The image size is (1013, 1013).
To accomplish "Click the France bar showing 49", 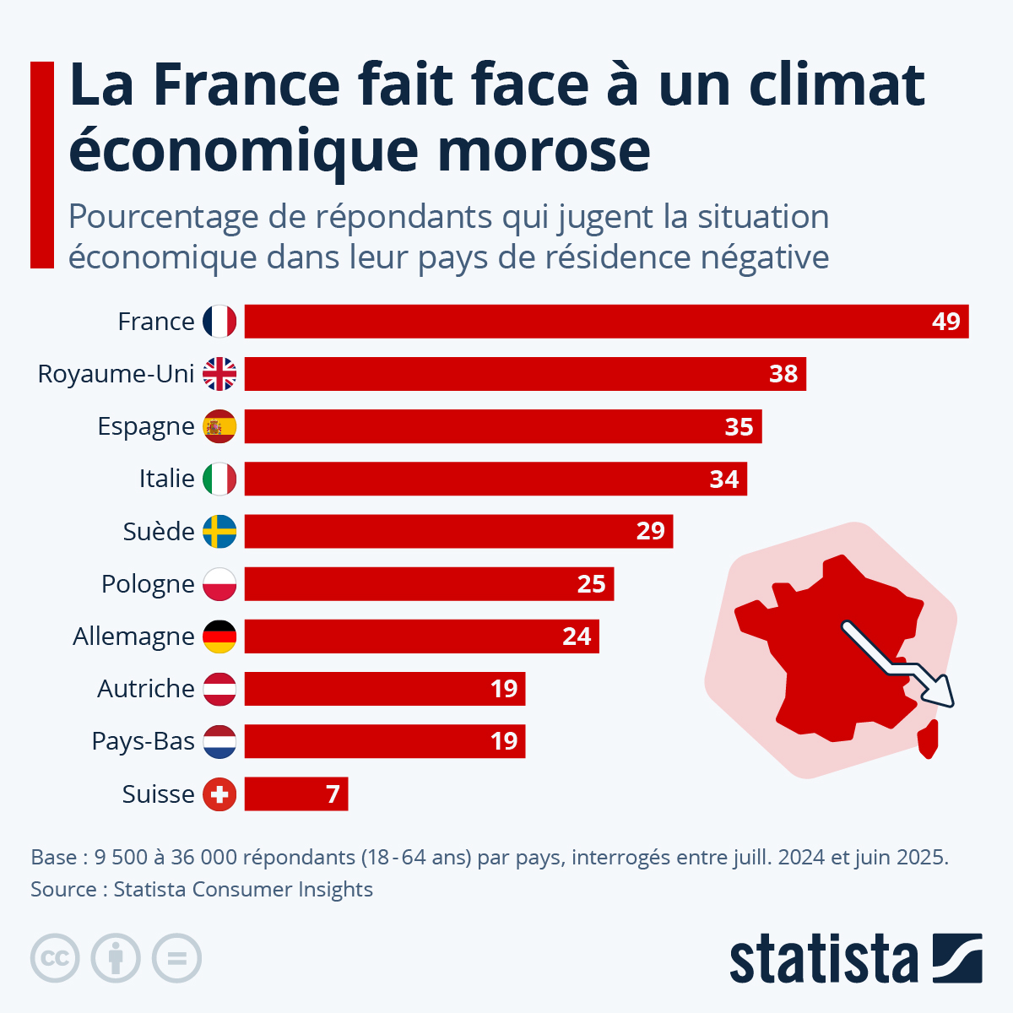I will click(x=606, y=322).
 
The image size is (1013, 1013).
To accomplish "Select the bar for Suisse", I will click(x=295, y=794).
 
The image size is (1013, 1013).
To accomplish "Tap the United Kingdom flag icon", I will click(x=219, y=374).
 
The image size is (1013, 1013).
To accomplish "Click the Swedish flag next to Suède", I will click(x=219, y=532).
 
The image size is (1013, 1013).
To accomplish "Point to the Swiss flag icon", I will click(x=219, y=794).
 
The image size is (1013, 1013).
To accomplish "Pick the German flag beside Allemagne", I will click(x=219, y=637).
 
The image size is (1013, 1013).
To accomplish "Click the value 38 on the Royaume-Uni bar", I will click(x=783, y=374).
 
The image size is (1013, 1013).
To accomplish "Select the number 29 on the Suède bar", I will click(x=650, y=532).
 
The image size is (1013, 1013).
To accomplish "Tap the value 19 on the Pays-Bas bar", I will click(x=504, y=741).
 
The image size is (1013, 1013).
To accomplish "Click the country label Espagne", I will click(x=146, y=426).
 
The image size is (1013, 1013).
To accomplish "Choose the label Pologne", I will click(x=148, y=584).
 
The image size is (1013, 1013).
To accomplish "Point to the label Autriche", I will click(x=146, y=689).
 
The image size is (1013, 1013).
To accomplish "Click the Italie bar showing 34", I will click(x=496, y=479).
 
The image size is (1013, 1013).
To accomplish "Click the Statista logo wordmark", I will click(x=823, y=959).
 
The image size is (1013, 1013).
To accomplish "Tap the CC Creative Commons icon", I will click(x=55, y=958).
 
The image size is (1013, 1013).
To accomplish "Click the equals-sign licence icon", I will click(x=176, y=958).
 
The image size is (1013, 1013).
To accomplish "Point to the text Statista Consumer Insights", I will click(x=243, y=889).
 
